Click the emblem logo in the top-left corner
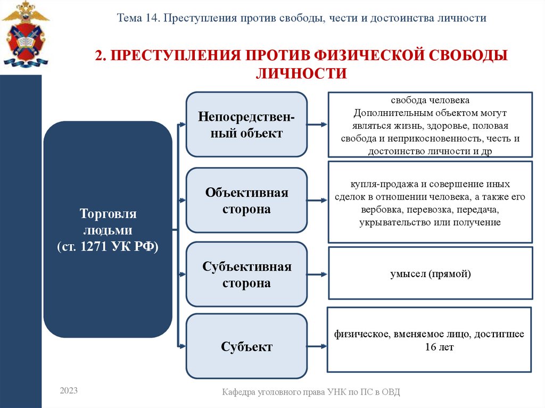(x=25, y=35)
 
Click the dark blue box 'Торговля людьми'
(x=108, y=229)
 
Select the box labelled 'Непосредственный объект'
(x=246, y=124)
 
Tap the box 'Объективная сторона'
(x=246, y=200)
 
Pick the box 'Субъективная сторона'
(x=246, y=274)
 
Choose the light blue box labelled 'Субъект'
(x=246, y=347)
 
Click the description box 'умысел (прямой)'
(x=430, y=274)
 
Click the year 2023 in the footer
(x=69, y=391)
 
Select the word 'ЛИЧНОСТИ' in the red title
(x=301, y=73)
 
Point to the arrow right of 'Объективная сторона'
(x=317, y=201)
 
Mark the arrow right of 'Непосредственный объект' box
(x=317, y=124)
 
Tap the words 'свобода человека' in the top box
(x=430, y=101)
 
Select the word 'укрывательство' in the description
(x=389, y=222)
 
